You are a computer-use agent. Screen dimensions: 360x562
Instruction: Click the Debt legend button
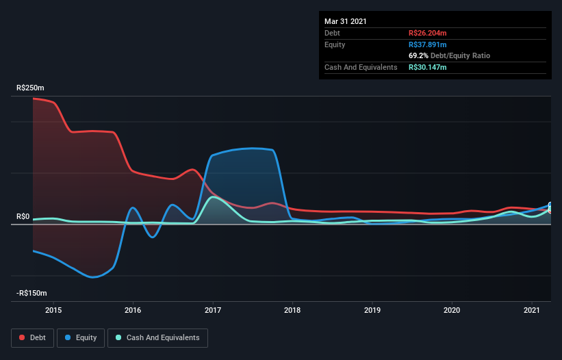(x=31, y=337)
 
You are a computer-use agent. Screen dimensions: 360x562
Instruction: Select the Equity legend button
(x=81, y=337)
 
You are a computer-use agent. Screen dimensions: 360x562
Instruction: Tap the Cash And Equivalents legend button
(x=157, y=337)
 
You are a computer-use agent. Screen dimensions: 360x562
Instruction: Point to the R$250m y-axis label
(x=30, y=88)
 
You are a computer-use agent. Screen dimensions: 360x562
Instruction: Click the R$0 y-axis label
(x=23, y=217)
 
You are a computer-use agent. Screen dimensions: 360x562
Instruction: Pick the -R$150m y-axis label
(x=32, y=294)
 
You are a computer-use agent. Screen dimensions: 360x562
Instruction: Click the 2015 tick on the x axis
(x=53, y=309)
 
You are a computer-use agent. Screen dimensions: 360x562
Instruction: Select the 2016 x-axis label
(x=133, y=309)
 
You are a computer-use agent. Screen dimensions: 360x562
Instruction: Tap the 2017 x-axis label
(x=213, y=309)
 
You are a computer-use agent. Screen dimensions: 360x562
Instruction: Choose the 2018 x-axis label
(x=292, y=309)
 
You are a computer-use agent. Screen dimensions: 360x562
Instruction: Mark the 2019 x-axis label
(x=372, y=309)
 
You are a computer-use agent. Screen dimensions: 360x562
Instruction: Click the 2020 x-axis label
(x=452, y=309)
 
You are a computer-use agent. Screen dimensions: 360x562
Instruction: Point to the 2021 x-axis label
(x=531, y=309)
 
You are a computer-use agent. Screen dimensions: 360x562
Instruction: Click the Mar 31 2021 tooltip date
(x=346, y=21)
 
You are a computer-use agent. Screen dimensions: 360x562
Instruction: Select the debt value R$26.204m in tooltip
(x=428, y=33)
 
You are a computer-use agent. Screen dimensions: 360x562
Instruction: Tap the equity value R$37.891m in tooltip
(x=428, y=44)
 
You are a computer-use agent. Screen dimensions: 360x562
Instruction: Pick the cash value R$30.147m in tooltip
(x=428, y=67)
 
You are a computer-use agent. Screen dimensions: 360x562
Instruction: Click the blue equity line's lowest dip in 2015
(x=93, y=277)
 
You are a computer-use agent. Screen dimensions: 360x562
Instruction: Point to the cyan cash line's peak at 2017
(x=214, y=197)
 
